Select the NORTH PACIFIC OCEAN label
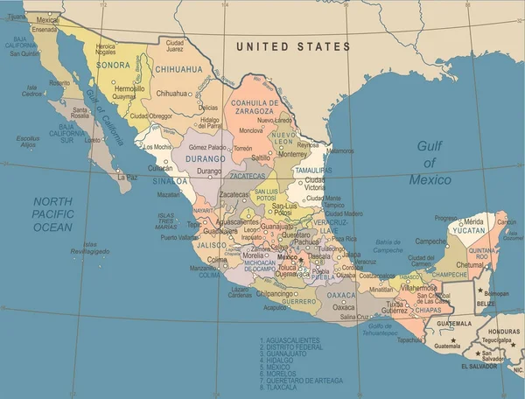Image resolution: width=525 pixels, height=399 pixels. pos(53,213)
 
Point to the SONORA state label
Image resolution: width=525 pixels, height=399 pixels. pos(112,65)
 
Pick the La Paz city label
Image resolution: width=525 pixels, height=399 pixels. pos(128,177)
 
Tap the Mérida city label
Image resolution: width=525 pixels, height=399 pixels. pos(473,220)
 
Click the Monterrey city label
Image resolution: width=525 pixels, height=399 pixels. pos(291,152)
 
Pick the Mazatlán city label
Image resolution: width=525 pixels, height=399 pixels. pos(169,194)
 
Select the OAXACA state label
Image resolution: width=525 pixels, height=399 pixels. pos(341,296)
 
